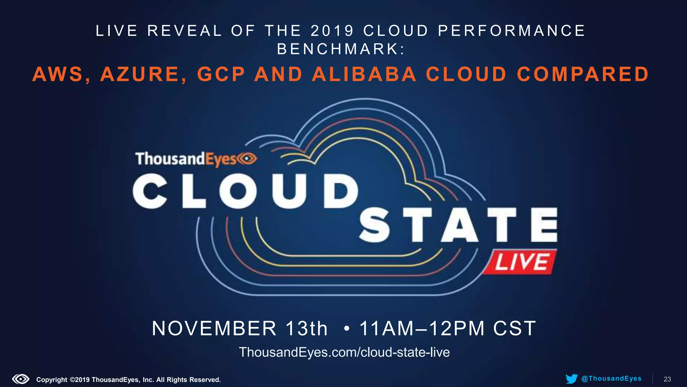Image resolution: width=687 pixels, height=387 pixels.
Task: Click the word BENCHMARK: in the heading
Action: pos(341,49)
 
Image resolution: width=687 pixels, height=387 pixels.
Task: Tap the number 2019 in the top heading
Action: pos(332,31)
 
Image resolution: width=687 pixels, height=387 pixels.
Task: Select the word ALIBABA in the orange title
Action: pos(364,74)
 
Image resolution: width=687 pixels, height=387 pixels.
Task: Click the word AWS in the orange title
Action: pos(58,74)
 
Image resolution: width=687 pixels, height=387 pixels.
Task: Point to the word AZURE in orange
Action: pos(140,74)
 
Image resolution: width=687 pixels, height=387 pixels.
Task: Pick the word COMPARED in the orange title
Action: pos(583,74)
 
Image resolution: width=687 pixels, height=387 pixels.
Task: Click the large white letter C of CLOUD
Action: pos(150,191)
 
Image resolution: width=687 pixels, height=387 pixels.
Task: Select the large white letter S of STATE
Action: pos(375,225)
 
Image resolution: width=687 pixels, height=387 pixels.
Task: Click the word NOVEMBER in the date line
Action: pos(214,328)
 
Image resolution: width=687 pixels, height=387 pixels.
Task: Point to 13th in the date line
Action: pos(306,328)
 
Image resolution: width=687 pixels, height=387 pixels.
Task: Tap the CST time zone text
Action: pos(514,328)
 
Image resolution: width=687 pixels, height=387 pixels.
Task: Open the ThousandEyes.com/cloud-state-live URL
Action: pos(344,352)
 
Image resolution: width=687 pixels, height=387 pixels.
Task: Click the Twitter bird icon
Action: pos(571,379)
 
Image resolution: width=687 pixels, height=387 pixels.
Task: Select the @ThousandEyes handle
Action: pos(611,379)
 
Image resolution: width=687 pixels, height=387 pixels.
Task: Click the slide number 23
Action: pos(667,379)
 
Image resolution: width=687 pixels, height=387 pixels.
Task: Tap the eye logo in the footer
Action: pos(21,379)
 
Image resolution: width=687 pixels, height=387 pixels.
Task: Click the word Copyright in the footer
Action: pos(52,380)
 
